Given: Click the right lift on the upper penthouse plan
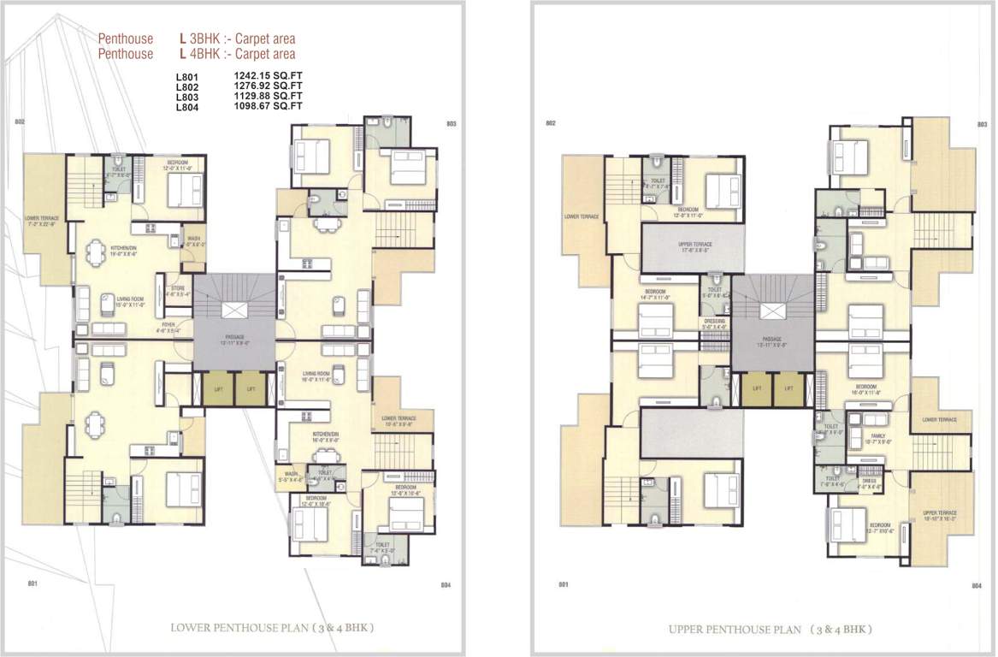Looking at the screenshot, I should pyautogui.click(x=787, y=389).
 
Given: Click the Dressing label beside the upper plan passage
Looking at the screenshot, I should pyautogui.click(x=713, y=323).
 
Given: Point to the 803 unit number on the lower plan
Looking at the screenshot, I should pyautogui.click(x=451, y=124).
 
